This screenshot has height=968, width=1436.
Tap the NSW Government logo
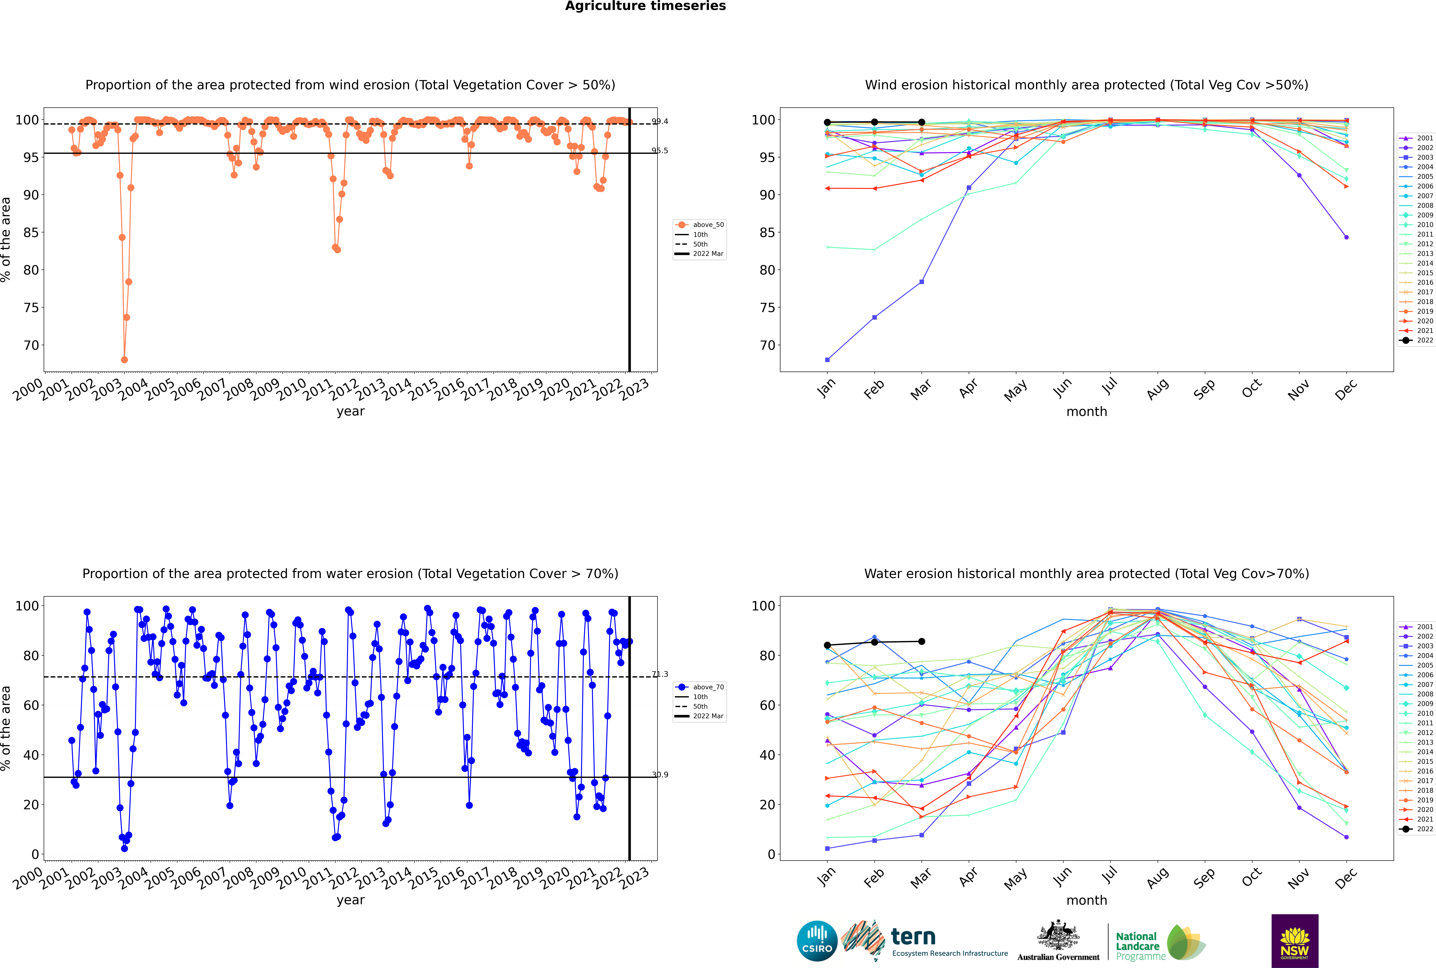click(x=1295, y=940)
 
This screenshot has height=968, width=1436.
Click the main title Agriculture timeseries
click(x=645, y=6)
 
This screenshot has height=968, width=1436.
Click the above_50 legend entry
click(x=708, y=225)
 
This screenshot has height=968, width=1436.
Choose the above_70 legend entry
click(x=708, y=687)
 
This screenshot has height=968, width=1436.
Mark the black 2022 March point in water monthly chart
click(x=922, y=641)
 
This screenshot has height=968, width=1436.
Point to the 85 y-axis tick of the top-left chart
click(x=31, y=233)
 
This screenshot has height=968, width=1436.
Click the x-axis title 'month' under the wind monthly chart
click(x=1087, y=412)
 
